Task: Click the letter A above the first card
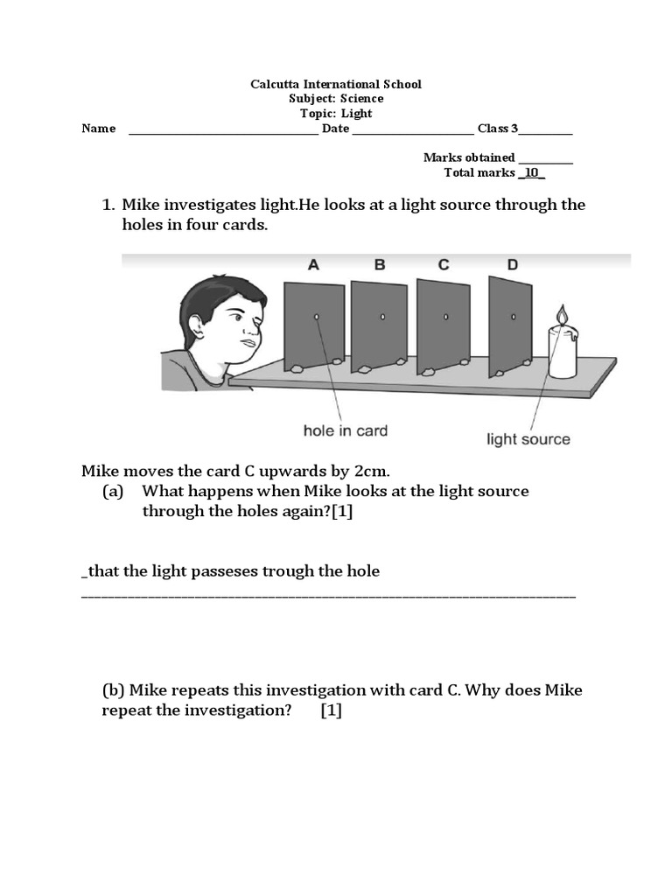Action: pos(313,264)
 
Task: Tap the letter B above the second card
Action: pos(379,264)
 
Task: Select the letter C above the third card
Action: pos(444,264)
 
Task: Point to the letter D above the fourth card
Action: pos(512,264)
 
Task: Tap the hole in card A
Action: pos(317,316)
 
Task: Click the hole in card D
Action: pos(514,316)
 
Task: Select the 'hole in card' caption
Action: pos(345,430)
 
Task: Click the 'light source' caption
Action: pos(528,439)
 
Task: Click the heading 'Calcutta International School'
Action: pos(336,84)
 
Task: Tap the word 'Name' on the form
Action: pos(99,129)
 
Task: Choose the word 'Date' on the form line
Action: pos(335,129)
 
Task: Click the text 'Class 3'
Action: pos(497,129)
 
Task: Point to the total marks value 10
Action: pos(531,172)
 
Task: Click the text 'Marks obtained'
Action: pos(469,157)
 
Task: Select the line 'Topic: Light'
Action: pos(336,114)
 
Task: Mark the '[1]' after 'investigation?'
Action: pos(331,710)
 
